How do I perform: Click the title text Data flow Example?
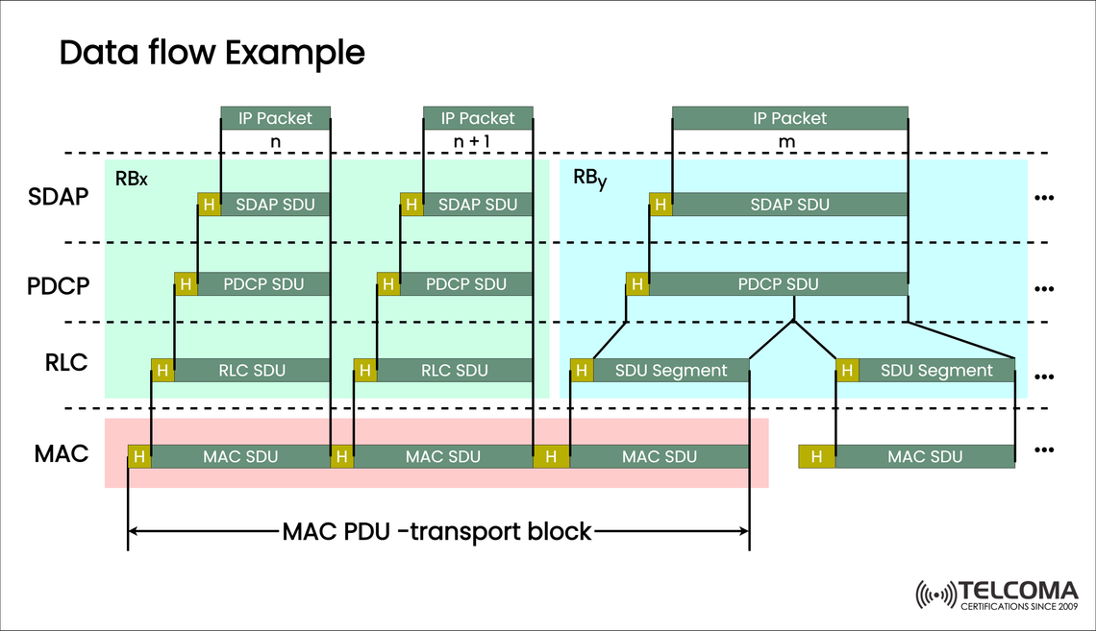[212, 52]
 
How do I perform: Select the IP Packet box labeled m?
[789, 118]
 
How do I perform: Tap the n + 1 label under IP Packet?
[478, 142]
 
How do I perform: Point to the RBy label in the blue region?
[589, 180]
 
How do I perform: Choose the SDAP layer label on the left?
[59, 197]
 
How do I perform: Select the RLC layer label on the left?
[65, 363]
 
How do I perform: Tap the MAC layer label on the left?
[62, 453]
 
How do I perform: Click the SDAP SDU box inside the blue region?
[789, 205]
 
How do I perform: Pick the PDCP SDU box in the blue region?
[778, 284]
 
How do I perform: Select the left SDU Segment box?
[670, 371]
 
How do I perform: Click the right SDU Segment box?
[936, 371]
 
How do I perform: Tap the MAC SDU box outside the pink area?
[925, 457]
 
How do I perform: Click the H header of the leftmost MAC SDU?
[139, 457]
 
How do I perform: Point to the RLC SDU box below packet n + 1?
[454, 371]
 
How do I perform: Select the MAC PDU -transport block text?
[437, 531]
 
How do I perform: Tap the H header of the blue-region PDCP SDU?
[637, 284]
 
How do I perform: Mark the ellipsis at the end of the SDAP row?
[1044, 198]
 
